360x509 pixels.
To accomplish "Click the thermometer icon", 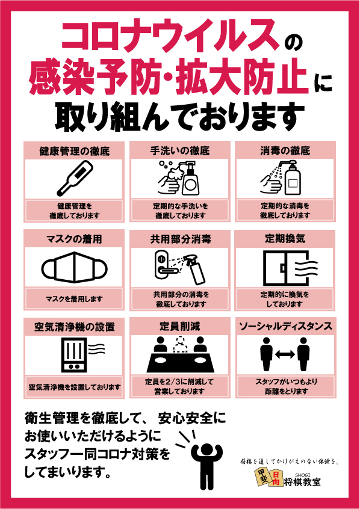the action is [75, 178].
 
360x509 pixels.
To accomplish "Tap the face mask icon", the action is [75, 267].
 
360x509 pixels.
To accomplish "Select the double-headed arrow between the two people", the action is [285, 354].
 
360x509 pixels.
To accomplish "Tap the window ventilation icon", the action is [290, 268].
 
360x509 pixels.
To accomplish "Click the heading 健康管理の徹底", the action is [75, 151].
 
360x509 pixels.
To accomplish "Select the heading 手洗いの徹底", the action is [179, 150].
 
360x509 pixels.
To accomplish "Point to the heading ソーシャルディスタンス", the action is [285, 326].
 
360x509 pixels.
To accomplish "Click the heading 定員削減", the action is [179, 326].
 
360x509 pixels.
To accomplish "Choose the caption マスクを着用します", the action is [75, 299].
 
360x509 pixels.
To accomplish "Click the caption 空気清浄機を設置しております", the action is [75, 387].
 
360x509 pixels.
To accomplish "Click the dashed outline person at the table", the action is [180, 345].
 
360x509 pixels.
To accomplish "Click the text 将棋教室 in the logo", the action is [302, 482].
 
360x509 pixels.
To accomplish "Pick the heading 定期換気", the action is [285, 239].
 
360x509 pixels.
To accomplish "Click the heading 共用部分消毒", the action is [181, 239].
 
